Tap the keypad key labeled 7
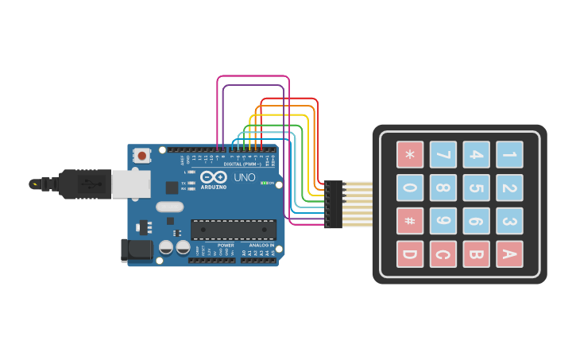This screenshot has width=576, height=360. (x=443, y=154)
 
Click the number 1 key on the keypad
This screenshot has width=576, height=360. (x=509, y=154)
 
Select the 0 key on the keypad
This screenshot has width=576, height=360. (x=410, y=188)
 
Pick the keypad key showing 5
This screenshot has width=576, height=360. (x=476, y=188)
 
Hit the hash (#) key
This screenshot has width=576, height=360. (x=410, y=221)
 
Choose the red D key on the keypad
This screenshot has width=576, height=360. (x=410, y=254)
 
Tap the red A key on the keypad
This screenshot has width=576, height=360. (x=509, y=254)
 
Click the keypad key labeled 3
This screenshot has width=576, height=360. (x=509, y=221)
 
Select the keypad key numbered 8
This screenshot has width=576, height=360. (x=443, y=188)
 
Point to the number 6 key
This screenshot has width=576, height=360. (x=476, y=221)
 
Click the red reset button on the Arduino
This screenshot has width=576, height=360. (x=142, y=155)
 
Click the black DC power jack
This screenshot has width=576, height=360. (x=136, y=250)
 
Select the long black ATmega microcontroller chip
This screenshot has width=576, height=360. (x=234, y=230)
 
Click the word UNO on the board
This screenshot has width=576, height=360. (x=246, y=177)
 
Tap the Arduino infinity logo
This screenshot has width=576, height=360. (x=213, y=178)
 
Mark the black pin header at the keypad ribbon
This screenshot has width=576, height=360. (x=334, y=204)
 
